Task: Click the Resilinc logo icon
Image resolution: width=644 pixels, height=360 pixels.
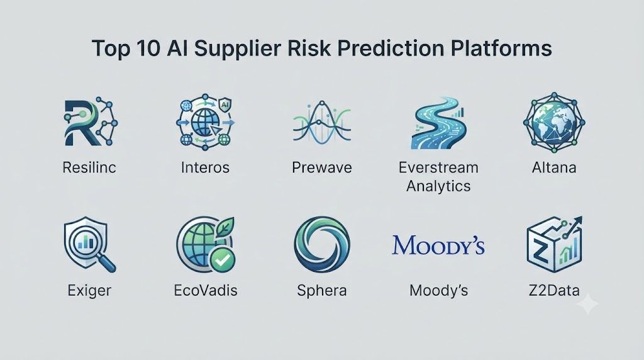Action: pos(91,121)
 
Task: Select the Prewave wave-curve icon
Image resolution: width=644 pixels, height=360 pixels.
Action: pos(322,122)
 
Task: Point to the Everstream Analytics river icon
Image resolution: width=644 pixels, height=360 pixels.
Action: pos(438,123)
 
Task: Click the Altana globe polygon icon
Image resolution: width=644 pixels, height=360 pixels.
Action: pos(554,122)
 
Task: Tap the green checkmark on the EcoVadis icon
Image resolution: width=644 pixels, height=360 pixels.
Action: pos(222,260)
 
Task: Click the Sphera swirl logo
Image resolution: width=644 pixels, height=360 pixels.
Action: pos(322,245)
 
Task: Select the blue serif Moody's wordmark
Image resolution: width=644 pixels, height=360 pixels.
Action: pos(438,245)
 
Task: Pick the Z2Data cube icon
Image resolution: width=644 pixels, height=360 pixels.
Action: pos(555,245)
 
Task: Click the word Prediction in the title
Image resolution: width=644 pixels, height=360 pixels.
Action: pos(391,48)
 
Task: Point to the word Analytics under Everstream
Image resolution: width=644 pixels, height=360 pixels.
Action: pos(438,186)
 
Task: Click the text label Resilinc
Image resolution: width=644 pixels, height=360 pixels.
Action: pos(89,167)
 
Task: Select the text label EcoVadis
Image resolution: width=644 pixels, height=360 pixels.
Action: pos(206,291)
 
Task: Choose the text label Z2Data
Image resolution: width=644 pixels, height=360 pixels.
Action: pos(554,291)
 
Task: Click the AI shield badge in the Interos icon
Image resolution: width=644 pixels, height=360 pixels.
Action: pos(225,104)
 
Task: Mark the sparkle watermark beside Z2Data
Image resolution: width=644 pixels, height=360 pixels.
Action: pos(588,304)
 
